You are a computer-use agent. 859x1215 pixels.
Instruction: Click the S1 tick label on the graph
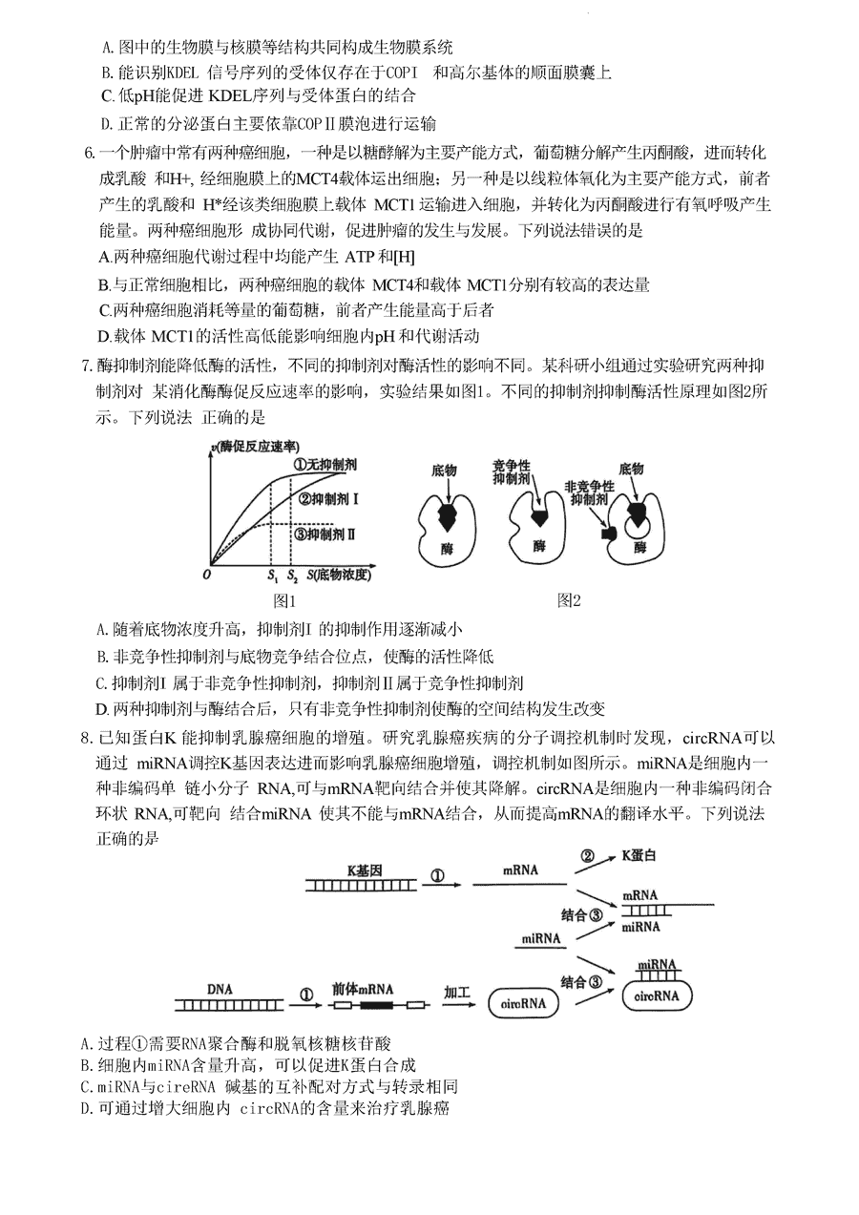tap(271, 576)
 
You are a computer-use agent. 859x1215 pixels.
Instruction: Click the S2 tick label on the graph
tap(292, 576)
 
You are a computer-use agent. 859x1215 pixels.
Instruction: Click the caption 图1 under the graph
tap(286, 600)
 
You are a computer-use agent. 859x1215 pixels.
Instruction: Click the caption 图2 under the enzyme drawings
tap(570, 600)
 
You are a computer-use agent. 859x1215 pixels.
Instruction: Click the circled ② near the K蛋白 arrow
tap(589, 856)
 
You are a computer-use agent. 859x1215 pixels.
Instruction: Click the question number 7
tap(87, 366)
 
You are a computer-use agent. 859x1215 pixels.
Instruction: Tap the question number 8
tap(87, 738)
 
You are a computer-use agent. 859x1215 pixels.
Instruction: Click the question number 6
tap(88, 153)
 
